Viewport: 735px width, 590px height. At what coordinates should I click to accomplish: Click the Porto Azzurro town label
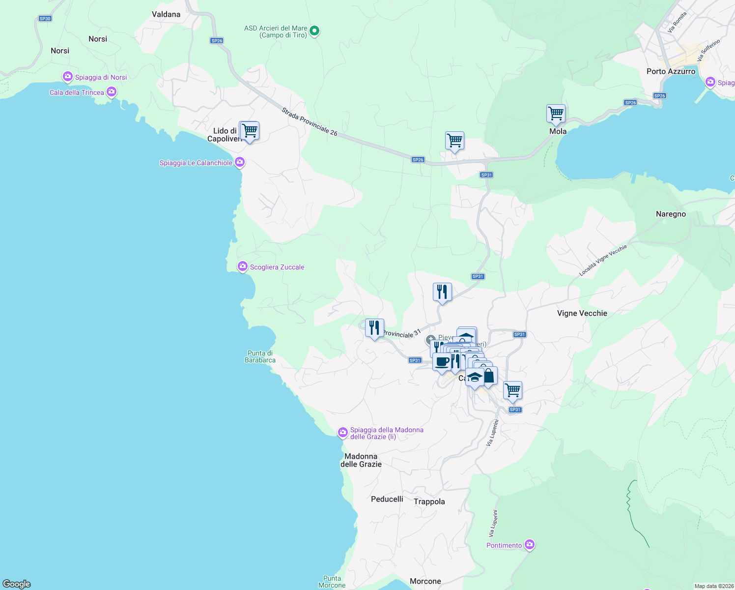click(x=671, y=71)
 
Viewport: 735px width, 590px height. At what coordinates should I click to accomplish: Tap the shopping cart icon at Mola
click(x=556, y=114)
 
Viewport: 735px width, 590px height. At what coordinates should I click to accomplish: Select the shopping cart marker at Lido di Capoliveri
click(x=249, y=131)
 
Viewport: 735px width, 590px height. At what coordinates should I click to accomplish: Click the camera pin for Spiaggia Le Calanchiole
click(x=239, y=162)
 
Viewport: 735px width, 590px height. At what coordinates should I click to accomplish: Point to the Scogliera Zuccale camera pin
click(x=242, y=266)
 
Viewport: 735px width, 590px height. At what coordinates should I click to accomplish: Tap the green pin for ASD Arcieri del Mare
click(x=315, y=31)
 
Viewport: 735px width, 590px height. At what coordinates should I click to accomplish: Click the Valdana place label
click(x=166, y=14)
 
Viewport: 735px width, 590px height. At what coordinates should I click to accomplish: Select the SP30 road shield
click(x=45, y=19)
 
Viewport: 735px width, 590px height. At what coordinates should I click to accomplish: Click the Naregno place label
click(x=671, y=214)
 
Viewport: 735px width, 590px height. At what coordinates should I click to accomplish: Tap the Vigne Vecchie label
click(x=582, y=313)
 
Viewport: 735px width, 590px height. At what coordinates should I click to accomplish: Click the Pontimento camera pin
click(x=529, y=545)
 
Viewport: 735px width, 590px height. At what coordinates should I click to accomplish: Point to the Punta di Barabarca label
click(x=260, y=356)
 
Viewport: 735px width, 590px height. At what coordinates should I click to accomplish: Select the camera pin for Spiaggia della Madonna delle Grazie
click(x=342, y=432)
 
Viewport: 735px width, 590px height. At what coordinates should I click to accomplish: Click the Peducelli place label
click(x=387, y=499)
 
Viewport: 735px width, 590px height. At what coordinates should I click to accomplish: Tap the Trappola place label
click(x=429, y=501)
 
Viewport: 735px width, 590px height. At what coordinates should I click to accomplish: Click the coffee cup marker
click(x=442, y=362)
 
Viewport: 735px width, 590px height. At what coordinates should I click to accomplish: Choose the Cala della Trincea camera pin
click(x=112, y=92)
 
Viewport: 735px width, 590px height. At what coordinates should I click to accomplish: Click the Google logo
click(x=17, y=584)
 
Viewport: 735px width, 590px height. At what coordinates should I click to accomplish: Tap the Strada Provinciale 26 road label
click(x=310, y=122)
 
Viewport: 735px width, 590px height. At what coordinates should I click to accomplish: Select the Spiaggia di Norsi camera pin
click(x=68, y=77)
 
